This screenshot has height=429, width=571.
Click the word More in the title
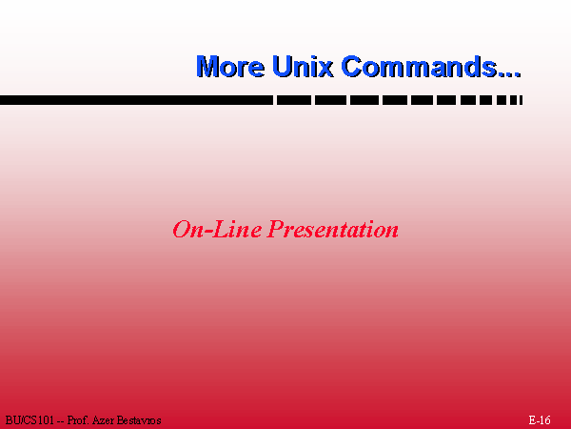pyautogui.click(x=230, y=67)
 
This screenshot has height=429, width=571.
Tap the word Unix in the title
pyautogui.click(x=303, y=66)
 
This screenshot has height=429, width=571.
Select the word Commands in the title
pyautogui.click(x=419, y=66)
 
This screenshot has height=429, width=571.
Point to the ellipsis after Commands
pyautogui.click(x=509, y=74)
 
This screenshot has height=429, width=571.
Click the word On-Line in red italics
pyautogui.click(x=217, y=230)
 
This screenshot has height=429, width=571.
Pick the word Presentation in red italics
pyautogui.click(x=332, y=230)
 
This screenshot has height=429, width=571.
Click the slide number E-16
pyautogui.click(x=540, y=419)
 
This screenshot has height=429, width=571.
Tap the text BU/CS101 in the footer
pyautogui.click(x=30, y=420)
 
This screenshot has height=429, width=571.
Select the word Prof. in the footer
pyautogui.click(x=78, y=420)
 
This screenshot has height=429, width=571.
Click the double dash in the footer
pyautogui.click(x=61, y=421)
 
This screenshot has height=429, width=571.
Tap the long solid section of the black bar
pyautogui.click(x=136, y=100)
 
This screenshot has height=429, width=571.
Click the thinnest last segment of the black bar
pyautogui.click(x=522, y=100)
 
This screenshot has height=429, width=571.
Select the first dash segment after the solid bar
pyautogui.click(x=294, y=100)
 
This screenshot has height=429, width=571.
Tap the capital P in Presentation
pyautogui.click(x=276, y=230)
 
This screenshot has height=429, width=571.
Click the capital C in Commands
pyautogui.click(x=351, y=66)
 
